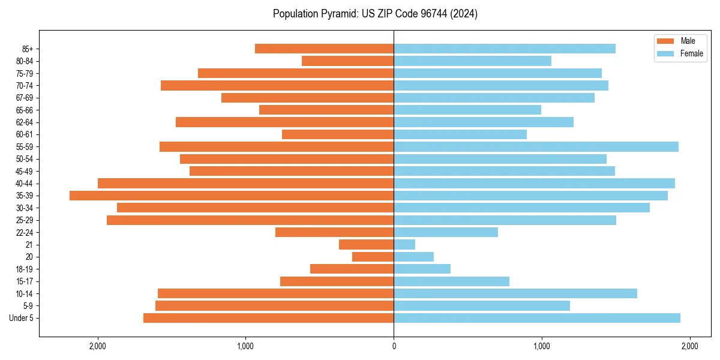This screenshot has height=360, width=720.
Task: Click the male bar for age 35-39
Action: [232, 196]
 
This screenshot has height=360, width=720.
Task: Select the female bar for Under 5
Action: [537, 318]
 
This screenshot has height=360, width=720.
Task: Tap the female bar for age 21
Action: [404, 245]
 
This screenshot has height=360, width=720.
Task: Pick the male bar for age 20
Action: [373, 257]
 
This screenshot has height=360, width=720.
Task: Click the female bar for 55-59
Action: [536, 147]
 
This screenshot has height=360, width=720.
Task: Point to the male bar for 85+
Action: [324, 49]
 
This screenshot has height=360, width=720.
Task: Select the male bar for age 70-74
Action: [277, 86]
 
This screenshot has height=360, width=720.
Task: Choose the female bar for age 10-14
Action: [515, 293]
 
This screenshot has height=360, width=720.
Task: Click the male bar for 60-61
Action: [338, 134]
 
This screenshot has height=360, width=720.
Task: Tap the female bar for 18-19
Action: [422, 269]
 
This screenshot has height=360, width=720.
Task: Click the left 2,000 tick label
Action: [98, 346]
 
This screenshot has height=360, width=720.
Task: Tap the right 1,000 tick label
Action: [542, 346]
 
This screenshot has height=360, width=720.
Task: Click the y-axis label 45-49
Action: [25, 171]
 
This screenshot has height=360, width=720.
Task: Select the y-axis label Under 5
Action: [21, 318]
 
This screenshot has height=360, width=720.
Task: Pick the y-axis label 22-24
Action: [25, 232]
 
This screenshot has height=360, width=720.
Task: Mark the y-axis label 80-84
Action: [25, 61]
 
